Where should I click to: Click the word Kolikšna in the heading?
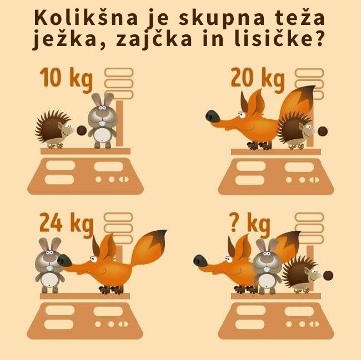pyautogui.click(x=86, y=17)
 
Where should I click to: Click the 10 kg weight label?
pyautogui.click(x=66, y=78)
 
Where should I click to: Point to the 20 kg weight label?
pyautogui.click(x=258, y=79)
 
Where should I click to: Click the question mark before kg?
pyautogui.click(x=233, y=222)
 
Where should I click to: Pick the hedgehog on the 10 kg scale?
pyautogui.click(x=61, y=129)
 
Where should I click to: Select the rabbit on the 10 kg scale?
pyautogui.click(x=103, y=120)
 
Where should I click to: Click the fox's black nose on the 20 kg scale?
pyautogui.click(x=213, y=116)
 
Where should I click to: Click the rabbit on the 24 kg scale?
pyautogui.click(x=49, y=265)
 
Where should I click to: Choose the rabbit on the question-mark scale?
pyautogui.click(x=267, y=266)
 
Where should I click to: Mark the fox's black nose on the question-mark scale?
pyautogui.click(x=200, y=261)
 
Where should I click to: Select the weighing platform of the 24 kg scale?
pyautogui.click(x=85, y=296)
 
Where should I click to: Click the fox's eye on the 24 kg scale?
pyautogui.click(x=93, y=259)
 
